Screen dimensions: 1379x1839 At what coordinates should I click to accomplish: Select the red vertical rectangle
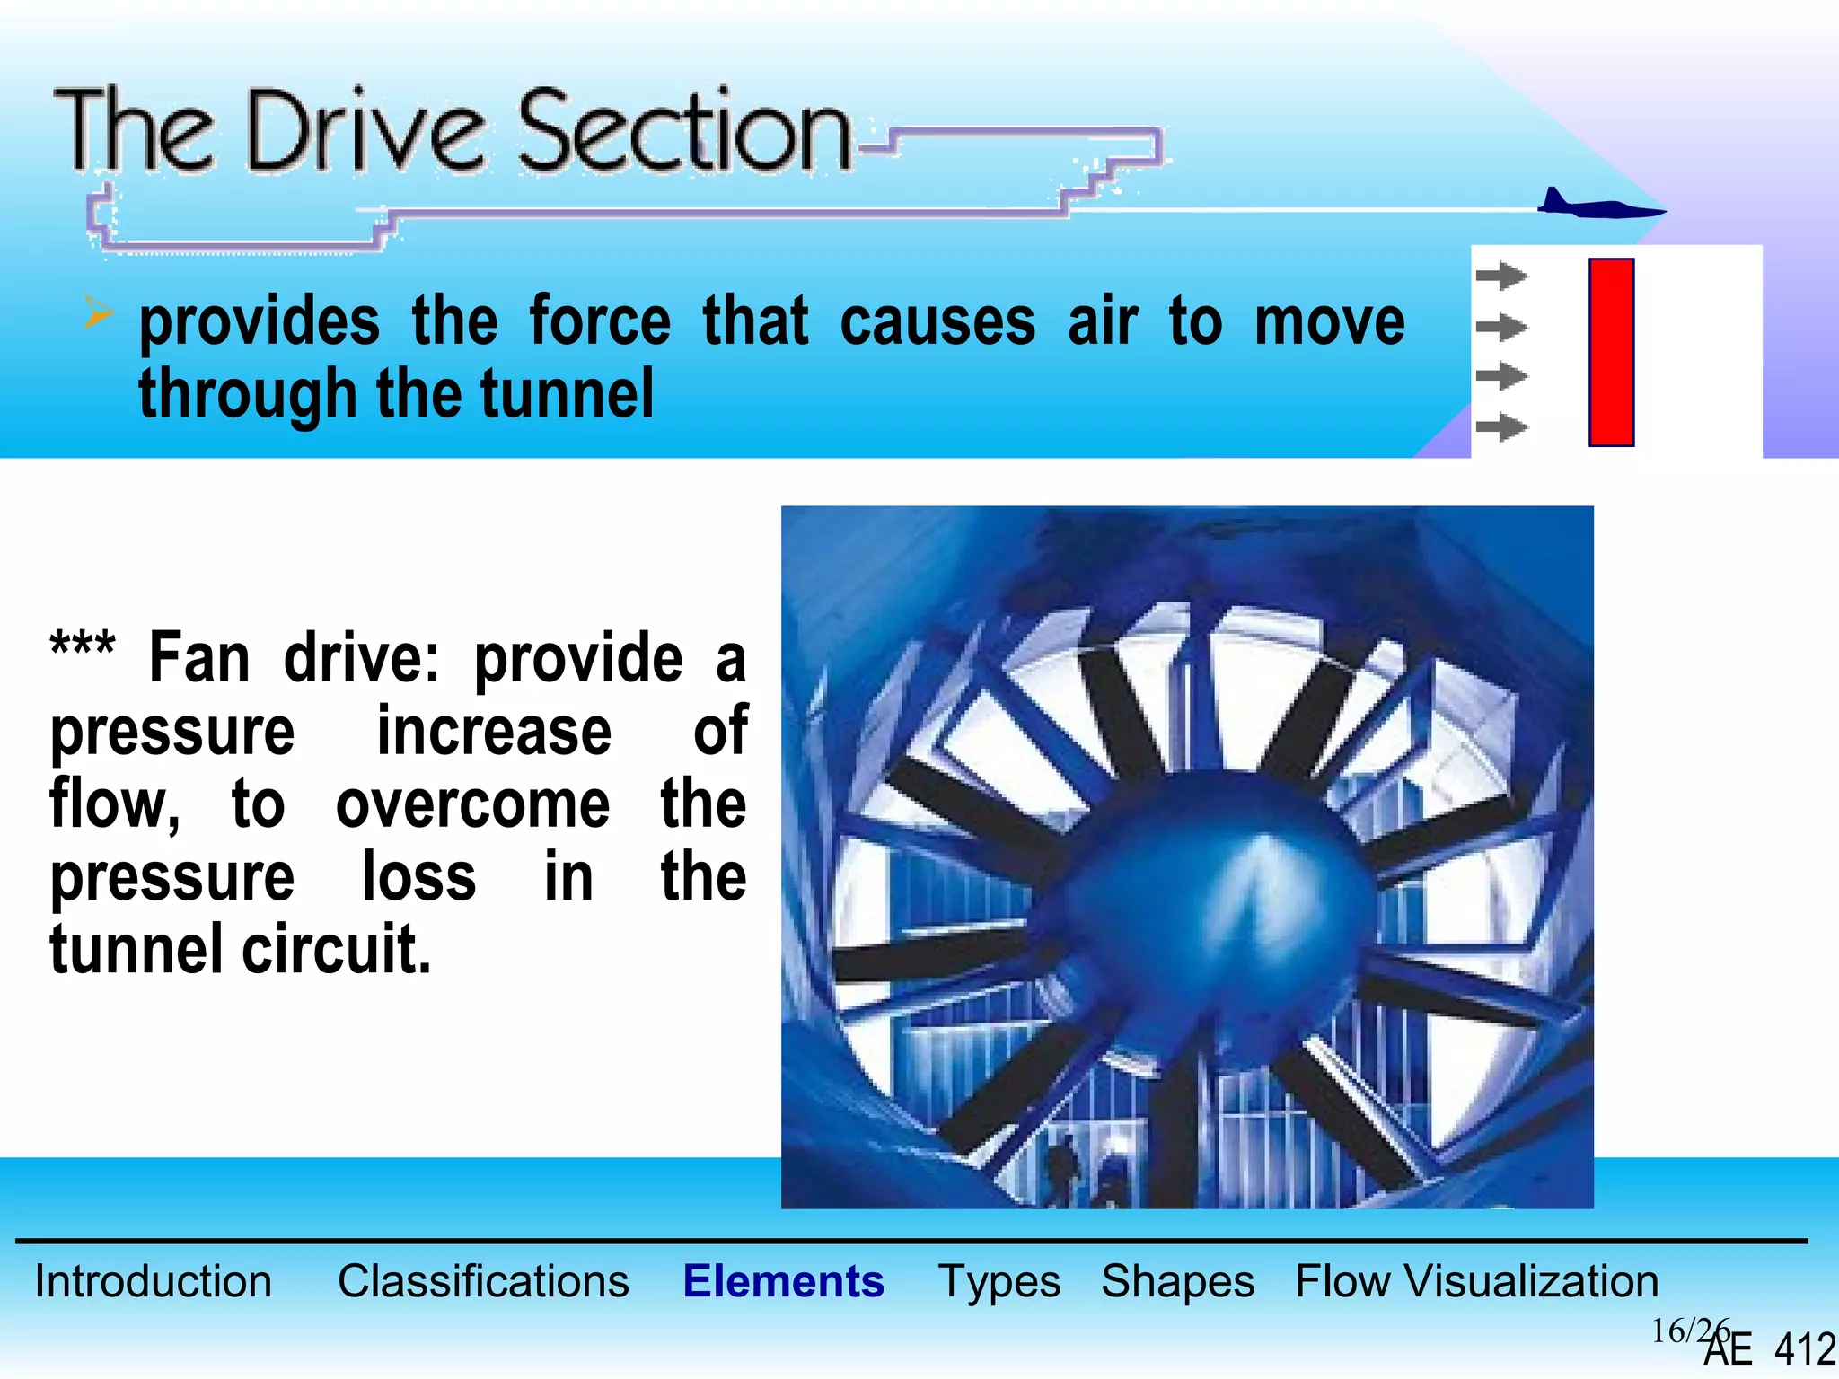click(x=1611, y=352)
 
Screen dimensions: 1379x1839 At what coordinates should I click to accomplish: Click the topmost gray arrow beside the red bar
click(x=1501, y=276)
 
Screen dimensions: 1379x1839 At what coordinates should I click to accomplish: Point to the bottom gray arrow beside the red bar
click(x=1501, y=427)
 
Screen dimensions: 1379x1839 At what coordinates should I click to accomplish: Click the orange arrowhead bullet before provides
click(x=98, y=312)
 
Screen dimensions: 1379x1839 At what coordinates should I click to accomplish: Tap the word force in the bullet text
click(x=600, y=321)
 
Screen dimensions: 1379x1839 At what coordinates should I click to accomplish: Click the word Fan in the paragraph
click(x=199, y=658)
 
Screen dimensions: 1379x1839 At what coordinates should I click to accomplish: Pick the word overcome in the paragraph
click(x=472, y=804)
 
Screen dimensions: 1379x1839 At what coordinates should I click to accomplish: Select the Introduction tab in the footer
click(x=153, y=1281)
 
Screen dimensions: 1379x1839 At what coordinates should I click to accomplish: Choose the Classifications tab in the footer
click(x=483, y=1281)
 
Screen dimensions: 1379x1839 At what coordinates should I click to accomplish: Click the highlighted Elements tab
click(x=783, y=1281)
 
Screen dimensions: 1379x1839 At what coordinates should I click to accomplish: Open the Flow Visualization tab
click(x=1476, y=1281)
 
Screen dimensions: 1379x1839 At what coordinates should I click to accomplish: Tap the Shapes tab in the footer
click(x=1177, y=1281)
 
